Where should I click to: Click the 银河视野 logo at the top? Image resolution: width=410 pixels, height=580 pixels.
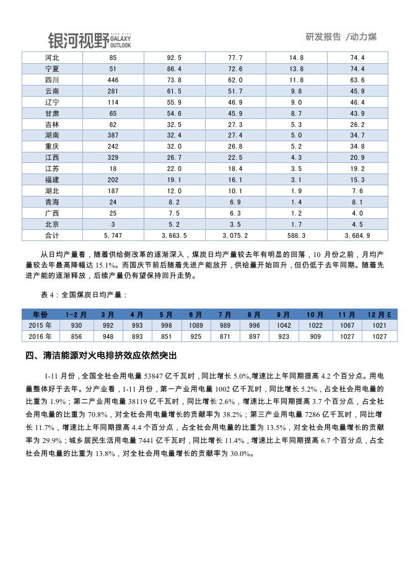pos(89,40)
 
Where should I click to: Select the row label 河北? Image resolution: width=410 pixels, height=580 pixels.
pos(52,58)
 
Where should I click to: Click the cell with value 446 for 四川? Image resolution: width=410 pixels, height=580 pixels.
pos(113,80)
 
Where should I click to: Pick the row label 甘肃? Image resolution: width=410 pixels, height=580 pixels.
pos(52,113)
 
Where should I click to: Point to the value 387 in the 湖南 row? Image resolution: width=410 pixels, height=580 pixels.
pos(113,135)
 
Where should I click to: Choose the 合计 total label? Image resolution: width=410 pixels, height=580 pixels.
pos(52,236)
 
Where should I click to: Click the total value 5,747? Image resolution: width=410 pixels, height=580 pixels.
pos(113,236)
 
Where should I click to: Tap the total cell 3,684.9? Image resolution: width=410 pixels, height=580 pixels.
pos(357,236)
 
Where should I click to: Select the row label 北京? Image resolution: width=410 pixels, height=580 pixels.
pos(52,224)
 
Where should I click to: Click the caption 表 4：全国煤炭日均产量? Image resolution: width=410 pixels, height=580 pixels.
pos(83,295)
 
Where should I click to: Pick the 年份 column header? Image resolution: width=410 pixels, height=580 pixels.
pos(40,315)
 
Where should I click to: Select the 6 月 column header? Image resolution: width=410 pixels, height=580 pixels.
pos(196,315)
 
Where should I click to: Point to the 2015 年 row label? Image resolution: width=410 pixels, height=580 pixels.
pos(40,325)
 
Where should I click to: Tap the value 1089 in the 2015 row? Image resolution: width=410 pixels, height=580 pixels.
pos(196,325)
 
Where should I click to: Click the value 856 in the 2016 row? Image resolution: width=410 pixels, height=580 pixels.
pos(76,336)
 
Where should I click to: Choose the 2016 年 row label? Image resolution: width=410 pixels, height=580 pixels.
pos(40,336)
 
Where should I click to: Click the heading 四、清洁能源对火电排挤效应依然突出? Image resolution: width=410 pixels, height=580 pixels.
pos(101,356)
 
